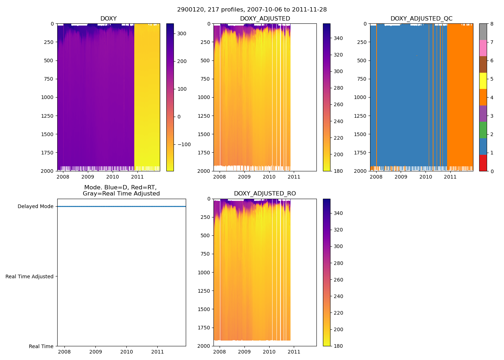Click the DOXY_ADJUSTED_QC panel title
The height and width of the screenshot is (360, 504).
(x=421, y=19)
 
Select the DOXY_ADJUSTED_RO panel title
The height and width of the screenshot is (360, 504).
(x=265, y=194)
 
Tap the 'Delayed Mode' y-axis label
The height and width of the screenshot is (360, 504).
(x=35, y=207)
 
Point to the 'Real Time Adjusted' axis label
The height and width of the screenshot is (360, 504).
(x=29, y=276)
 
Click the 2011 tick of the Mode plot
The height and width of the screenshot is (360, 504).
(x=158, y=352)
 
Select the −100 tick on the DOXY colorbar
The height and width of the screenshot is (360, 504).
(x=184, y=145)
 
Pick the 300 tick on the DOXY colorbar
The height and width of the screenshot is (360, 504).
(x=182, y=34)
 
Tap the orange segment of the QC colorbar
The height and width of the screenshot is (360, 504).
(x=483, y=97)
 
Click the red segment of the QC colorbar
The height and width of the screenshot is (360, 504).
(x=483, y=163)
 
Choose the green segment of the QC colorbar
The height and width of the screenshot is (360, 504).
(x=483, y=130)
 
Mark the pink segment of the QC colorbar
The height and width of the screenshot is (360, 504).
(x=483, y=48)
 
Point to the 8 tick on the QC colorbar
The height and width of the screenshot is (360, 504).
(x=492, y=24)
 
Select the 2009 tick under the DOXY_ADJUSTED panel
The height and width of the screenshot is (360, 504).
(x=244, y=177)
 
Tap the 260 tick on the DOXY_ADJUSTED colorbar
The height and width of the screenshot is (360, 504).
(x=338, y=105)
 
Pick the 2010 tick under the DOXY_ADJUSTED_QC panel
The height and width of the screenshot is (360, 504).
(x=426, y=177)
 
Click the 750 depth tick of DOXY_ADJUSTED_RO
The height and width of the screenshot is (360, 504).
(x=205, y=254)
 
